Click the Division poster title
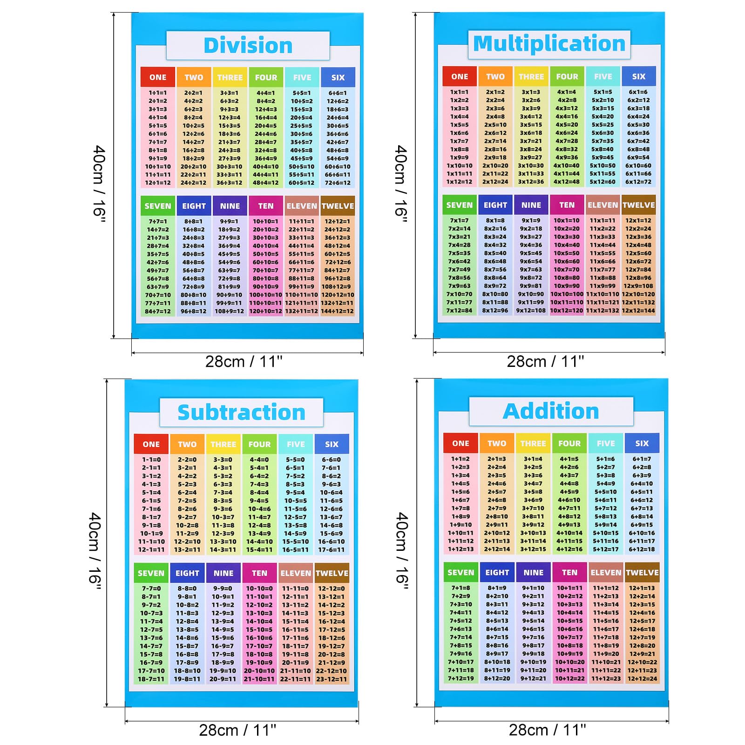(248, 46)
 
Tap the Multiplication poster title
(549, 44)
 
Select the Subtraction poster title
(241, 413)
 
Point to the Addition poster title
(551, 411)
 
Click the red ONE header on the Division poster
(158, 77)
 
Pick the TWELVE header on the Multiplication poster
(638, 205)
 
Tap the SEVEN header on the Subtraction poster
(151, 573)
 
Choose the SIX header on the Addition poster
(642, 443)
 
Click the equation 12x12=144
(638, 311)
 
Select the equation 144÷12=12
(338, 311)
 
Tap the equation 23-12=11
(332, 679)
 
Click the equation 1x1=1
(459, 92)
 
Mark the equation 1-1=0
(151, 460)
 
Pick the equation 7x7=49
(459, 270)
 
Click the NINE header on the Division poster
(230, 206)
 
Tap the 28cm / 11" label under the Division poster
(244, 361)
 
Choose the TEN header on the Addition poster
(569, 572)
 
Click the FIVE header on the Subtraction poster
(296, 444)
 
